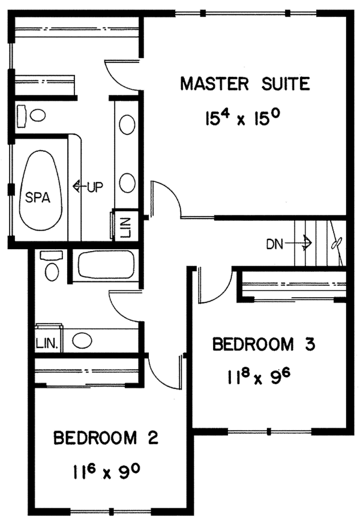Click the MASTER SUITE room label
245,83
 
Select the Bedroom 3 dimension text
259,378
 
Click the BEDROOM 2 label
106,438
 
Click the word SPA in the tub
37,196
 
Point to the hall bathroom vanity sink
81,341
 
